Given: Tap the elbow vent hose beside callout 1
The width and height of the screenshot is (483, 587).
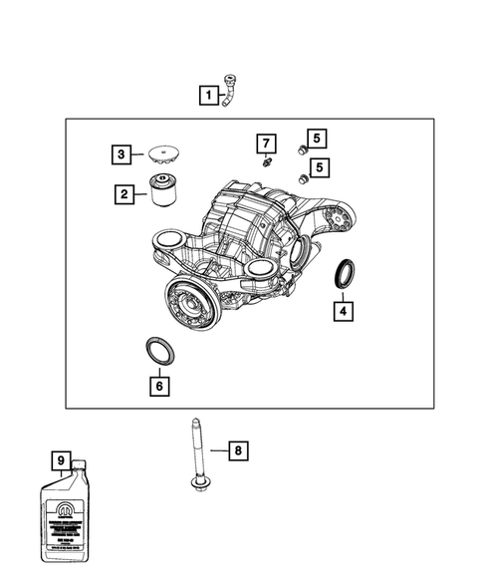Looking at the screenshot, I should (232, 92).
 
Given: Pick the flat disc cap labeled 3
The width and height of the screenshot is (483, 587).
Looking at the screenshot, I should (161, 154).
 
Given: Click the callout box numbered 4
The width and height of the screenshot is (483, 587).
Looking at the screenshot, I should (342, 312).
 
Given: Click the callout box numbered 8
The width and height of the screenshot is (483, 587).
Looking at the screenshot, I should (236, 451).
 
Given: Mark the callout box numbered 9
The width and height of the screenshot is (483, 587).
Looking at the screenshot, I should (61, 460).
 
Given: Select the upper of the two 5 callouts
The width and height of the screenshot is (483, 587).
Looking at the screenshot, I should (316, 140).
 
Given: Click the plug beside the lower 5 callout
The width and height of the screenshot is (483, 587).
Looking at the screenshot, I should (300, 178).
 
